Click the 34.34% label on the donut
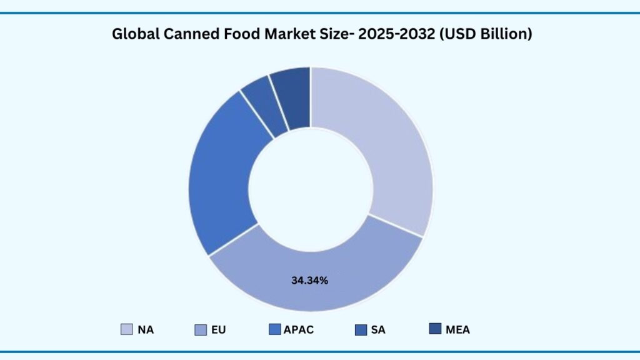pyautogui.click(x=309, y=280)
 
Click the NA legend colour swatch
pyautogui.click(x=127, y=329)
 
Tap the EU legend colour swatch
pyautogui.click(x=201, y=329)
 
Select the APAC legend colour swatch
pyautogui.click(x=274, y=329)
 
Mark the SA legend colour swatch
pyautogui.click(x=361, y=329)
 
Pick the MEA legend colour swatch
pyautogui.click(x=435, y=329)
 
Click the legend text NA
pyautogui.click(x=146, y=330)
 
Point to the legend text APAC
pyautogui.click(x=299, y=330)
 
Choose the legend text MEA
pyautogui.click(x=457, y=330)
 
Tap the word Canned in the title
pyautogui.click(x=187, y=34)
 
